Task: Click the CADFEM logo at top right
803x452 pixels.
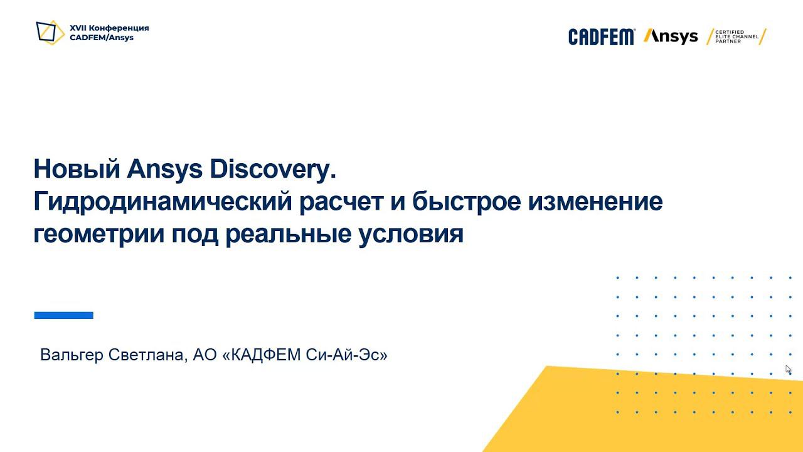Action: pos(601,37)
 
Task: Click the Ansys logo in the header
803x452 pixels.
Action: pos(671,36)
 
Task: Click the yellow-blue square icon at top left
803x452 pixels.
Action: pos(50,32)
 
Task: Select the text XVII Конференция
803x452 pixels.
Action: pos(109,28)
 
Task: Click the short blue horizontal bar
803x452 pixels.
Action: pos(63,315)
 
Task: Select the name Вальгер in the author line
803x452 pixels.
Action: pos(72,355)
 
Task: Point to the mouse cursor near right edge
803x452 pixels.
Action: pos(788,369)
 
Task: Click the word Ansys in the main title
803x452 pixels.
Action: pos(164,169)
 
